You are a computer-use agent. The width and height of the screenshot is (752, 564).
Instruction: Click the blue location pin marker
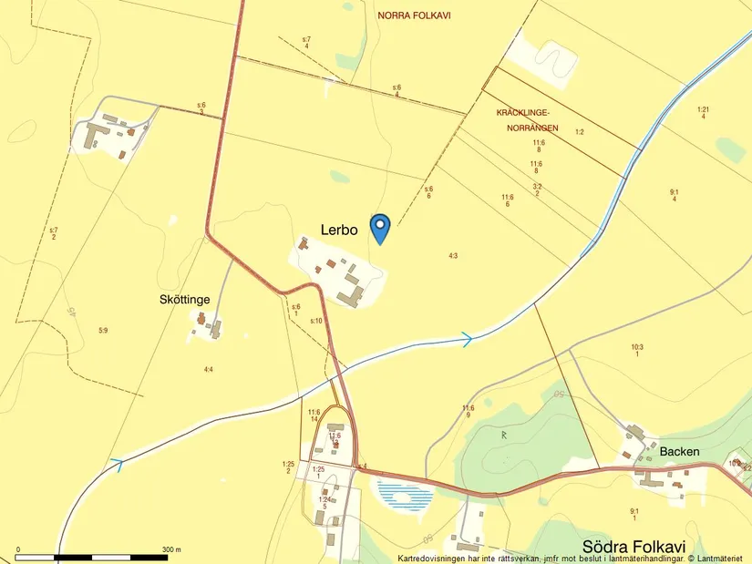(380, 227)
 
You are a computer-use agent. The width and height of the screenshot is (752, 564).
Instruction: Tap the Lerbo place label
(338, 230)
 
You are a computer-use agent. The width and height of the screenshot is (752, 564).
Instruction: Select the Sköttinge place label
(185, 299)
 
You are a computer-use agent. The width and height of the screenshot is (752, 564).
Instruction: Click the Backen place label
(679, 451)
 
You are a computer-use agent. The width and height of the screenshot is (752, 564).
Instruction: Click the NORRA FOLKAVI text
(414, 15)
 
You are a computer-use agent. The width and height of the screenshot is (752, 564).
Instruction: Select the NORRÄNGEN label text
(532, 128)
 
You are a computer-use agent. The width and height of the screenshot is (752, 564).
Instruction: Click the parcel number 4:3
(453, 256)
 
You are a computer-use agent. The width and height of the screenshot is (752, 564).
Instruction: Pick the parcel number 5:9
(103, 329)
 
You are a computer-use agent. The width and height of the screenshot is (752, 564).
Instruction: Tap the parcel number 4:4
(209, 369)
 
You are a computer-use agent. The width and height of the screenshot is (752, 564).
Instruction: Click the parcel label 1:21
(703, 110)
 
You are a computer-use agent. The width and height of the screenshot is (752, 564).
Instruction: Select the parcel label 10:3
(636, 347)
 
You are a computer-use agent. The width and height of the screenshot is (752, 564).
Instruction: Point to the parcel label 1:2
(579, 132)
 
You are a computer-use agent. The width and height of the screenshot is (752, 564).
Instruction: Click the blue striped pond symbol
(404, 496)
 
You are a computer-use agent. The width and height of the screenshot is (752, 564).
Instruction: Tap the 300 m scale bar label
(171, 549)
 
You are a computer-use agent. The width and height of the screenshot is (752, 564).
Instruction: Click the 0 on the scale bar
(17, 549)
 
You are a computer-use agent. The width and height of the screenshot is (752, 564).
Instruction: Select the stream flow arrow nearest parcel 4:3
(466, 340)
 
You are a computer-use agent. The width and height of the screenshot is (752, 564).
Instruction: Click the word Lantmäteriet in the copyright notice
(720, 558)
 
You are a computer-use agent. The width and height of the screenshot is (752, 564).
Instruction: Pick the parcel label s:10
(316, 321)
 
